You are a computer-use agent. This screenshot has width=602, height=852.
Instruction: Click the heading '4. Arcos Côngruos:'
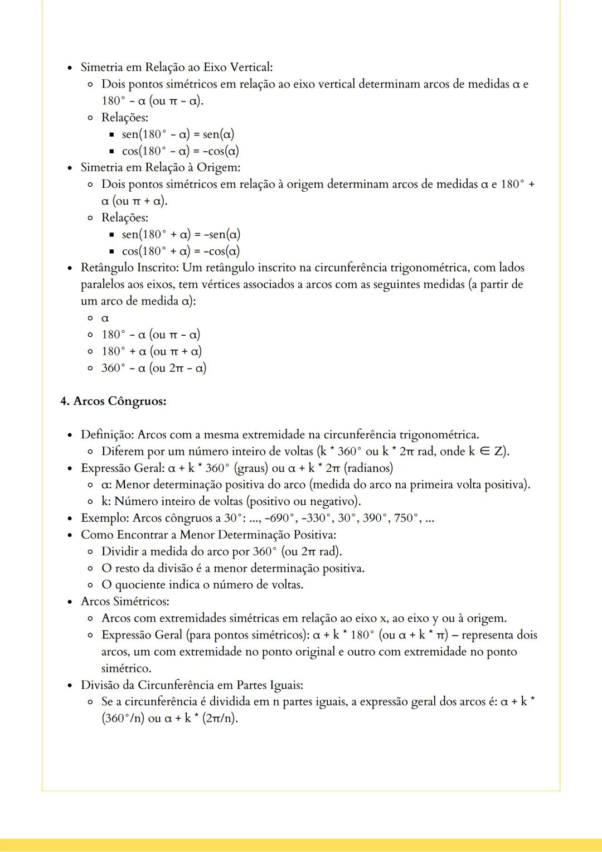pyautogui.click(x=113, y=401)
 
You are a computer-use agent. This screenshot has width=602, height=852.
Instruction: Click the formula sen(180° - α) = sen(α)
pyautogui.click(x=178, y=134)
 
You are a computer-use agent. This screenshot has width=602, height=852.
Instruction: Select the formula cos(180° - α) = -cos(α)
pyautogui.click(x=181, y=151)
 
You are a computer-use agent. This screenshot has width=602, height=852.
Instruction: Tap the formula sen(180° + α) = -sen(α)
pyautogui.click(x=181, y=234)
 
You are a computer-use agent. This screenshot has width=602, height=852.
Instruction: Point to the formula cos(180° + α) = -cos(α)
pyautogui.click(x=181, y=251)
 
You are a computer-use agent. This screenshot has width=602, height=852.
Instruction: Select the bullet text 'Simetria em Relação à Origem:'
pyautogui.click(x=161, y=167)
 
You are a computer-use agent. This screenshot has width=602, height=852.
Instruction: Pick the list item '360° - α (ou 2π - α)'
pyautogui.click(x=154, y=368)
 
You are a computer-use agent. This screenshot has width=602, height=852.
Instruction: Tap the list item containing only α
pyautogui.click(x=105, y=318)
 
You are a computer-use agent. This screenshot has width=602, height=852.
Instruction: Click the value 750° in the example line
pyautogui.click(x=407, y=518)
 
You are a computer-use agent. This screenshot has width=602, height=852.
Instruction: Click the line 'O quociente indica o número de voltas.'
pyautogui.click(x=202, y=585)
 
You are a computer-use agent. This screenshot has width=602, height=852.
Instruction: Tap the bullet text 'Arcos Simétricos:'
pyautogui.click(x=125, y=602)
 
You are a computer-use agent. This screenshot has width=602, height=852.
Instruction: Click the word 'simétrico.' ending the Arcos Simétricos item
pyautogui.click(x=126, y=668)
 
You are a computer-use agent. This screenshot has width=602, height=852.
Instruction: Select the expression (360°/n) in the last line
pyautogui.click(x=123, y=718)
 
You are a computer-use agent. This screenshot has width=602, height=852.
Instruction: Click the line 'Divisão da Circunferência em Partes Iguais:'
pyautogui.click(x=192, y=685)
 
